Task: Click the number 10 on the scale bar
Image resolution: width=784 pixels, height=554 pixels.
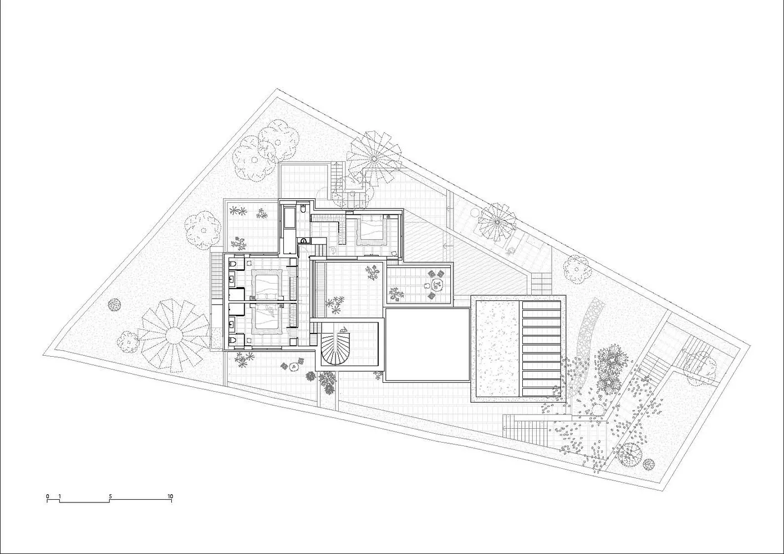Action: [170, 496]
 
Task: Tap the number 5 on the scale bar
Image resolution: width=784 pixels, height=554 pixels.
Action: [110, 496]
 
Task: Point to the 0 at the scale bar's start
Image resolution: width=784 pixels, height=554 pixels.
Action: [48, 496]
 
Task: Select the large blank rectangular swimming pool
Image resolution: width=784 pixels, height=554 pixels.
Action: [427, 345]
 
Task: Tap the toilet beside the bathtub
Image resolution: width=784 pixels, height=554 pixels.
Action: [303, 209]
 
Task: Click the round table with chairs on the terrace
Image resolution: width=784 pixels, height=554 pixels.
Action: [437, 284]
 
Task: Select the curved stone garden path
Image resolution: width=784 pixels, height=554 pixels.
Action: [583, 346]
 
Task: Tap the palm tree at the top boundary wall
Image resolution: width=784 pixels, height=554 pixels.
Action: [374, 159]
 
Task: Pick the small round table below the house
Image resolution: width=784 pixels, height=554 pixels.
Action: [293, 366]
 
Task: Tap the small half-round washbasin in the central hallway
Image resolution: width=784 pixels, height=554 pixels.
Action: [304, 240]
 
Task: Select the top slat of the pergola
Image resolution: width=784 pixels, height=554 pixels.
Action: [542, 305]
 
